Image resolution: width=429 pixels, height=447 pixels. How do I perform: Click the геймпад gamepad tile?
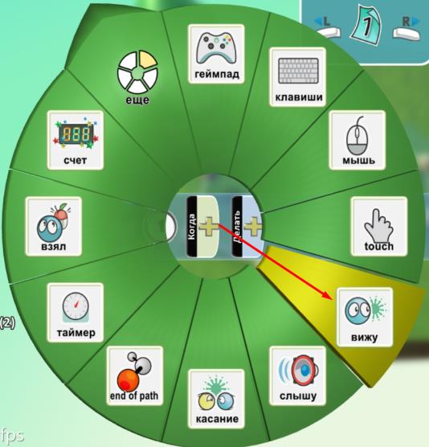point(216,54)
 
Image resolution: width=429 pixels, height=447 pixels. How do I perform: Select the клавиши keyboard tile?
point(298,77)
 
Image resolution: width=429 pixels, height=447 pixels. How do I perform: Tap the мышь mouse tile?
point(357,140)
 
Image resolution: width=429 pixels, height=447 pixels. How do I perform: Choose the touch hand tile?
point(379,226)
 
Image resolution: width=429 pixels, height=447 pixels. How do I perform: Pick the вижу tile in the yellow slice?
point(365,317)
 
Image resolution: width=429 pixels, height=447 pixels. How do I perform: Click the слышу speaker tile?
point(298,375)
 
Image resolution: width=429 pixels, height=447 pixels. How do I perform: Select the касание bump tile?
point(216,399)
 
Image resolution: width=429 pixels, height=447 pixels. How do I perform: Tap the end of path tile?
point(135,375)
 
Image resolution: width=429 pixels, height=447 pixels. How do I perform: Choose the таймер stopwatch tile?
point(76,313)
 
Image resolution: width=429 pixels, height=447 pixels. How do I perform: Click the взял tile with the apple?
point(54,226)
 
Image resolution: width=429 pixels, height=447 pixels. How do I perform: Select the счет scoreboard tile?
point(76,140)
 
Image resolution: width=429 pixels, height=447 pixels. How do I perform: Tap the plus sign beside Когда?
point(209,226)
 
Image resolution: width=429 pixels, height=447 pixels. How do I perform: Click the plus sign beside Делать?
point(252,226)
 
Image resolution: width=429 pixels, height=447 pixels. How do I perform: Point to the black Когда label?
point(192,226)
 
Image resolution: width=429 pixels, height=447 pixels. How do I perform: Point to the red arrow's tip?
point(333,299)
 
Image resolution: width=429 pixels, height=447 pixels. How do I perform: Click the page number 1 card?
point(366,27)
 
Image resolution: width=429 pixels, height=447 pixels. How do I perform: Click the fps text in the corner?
point(12,436)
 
